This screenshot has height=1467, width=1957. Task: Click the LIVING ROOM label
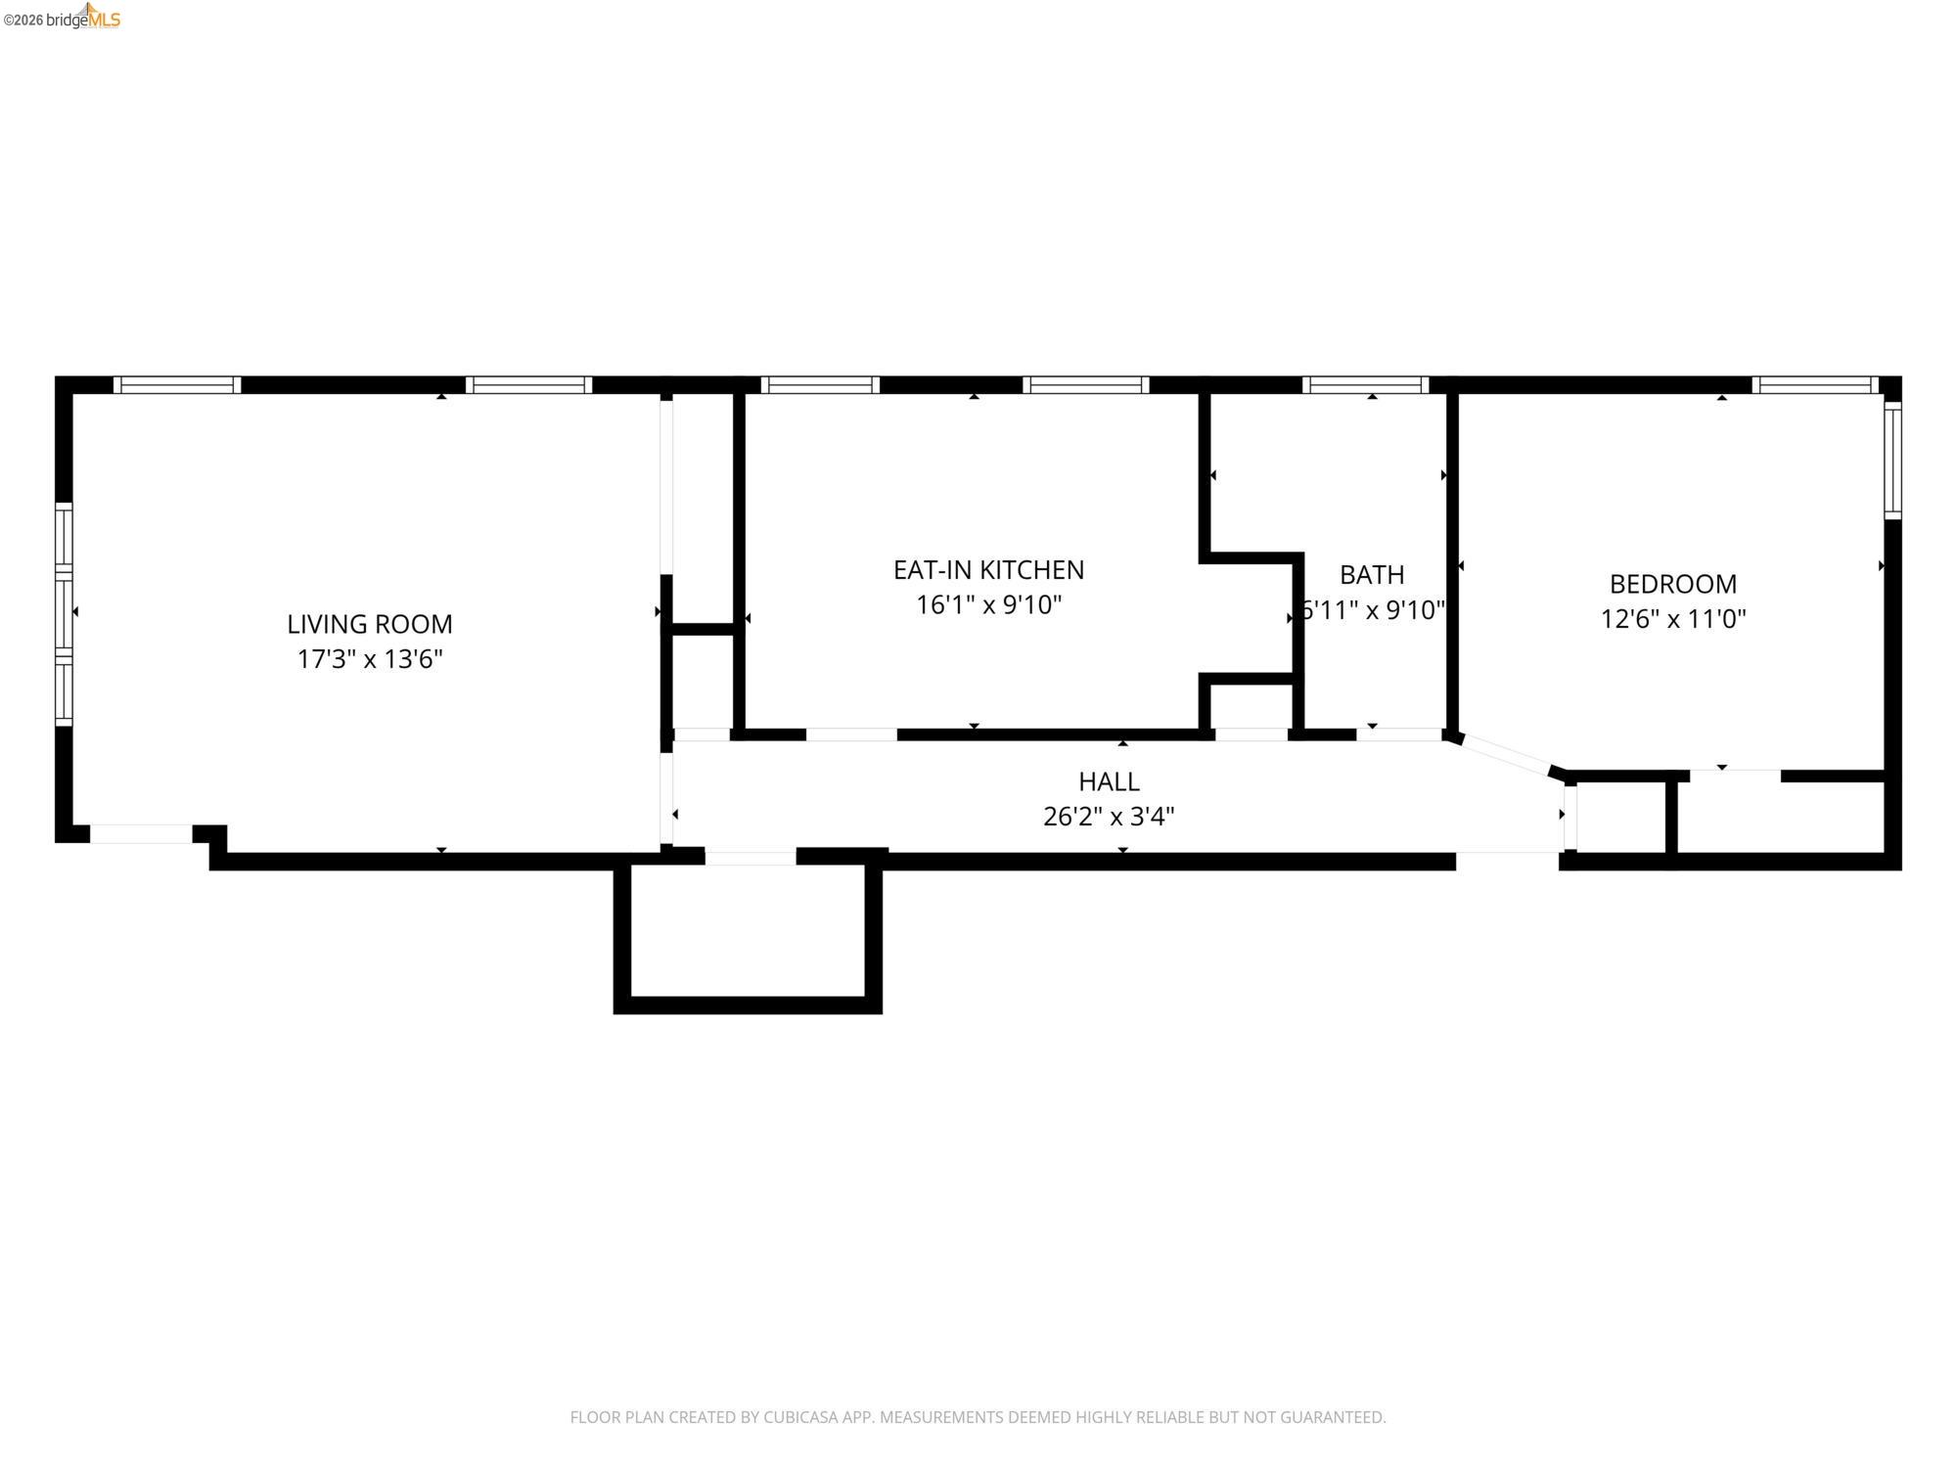click(370, 623)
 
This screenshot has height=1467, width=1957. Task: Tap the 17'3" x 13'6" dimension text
click(370, 659)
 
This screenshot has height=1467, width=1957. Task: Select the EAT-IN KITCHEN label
click(988, 569)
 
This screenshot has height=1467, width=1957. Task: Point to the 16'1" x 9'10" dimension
click(988, 605)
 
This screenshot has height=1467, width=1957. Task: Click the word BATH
click(1372, 574)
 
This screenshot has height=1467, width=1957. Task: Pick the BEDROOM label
click(1672, 584)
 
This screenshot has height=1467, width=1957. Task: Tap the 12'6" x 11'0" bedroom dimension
click(1672, 619)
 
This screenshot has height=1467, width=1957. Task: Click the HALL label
click(1109, 781)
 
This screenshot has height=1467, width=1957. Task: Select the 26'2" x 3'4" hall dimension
click(1109, 817)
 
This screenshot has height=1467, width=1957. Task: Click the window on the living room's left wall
click(64, 614)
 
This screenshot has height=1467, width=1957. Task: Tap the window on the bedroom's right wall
click(1892, 460)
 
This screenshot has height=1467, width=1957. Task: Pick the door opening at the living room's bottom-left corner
click(141, 834)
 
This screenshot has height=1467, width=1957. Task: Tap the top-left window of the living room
click(177, 385)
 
